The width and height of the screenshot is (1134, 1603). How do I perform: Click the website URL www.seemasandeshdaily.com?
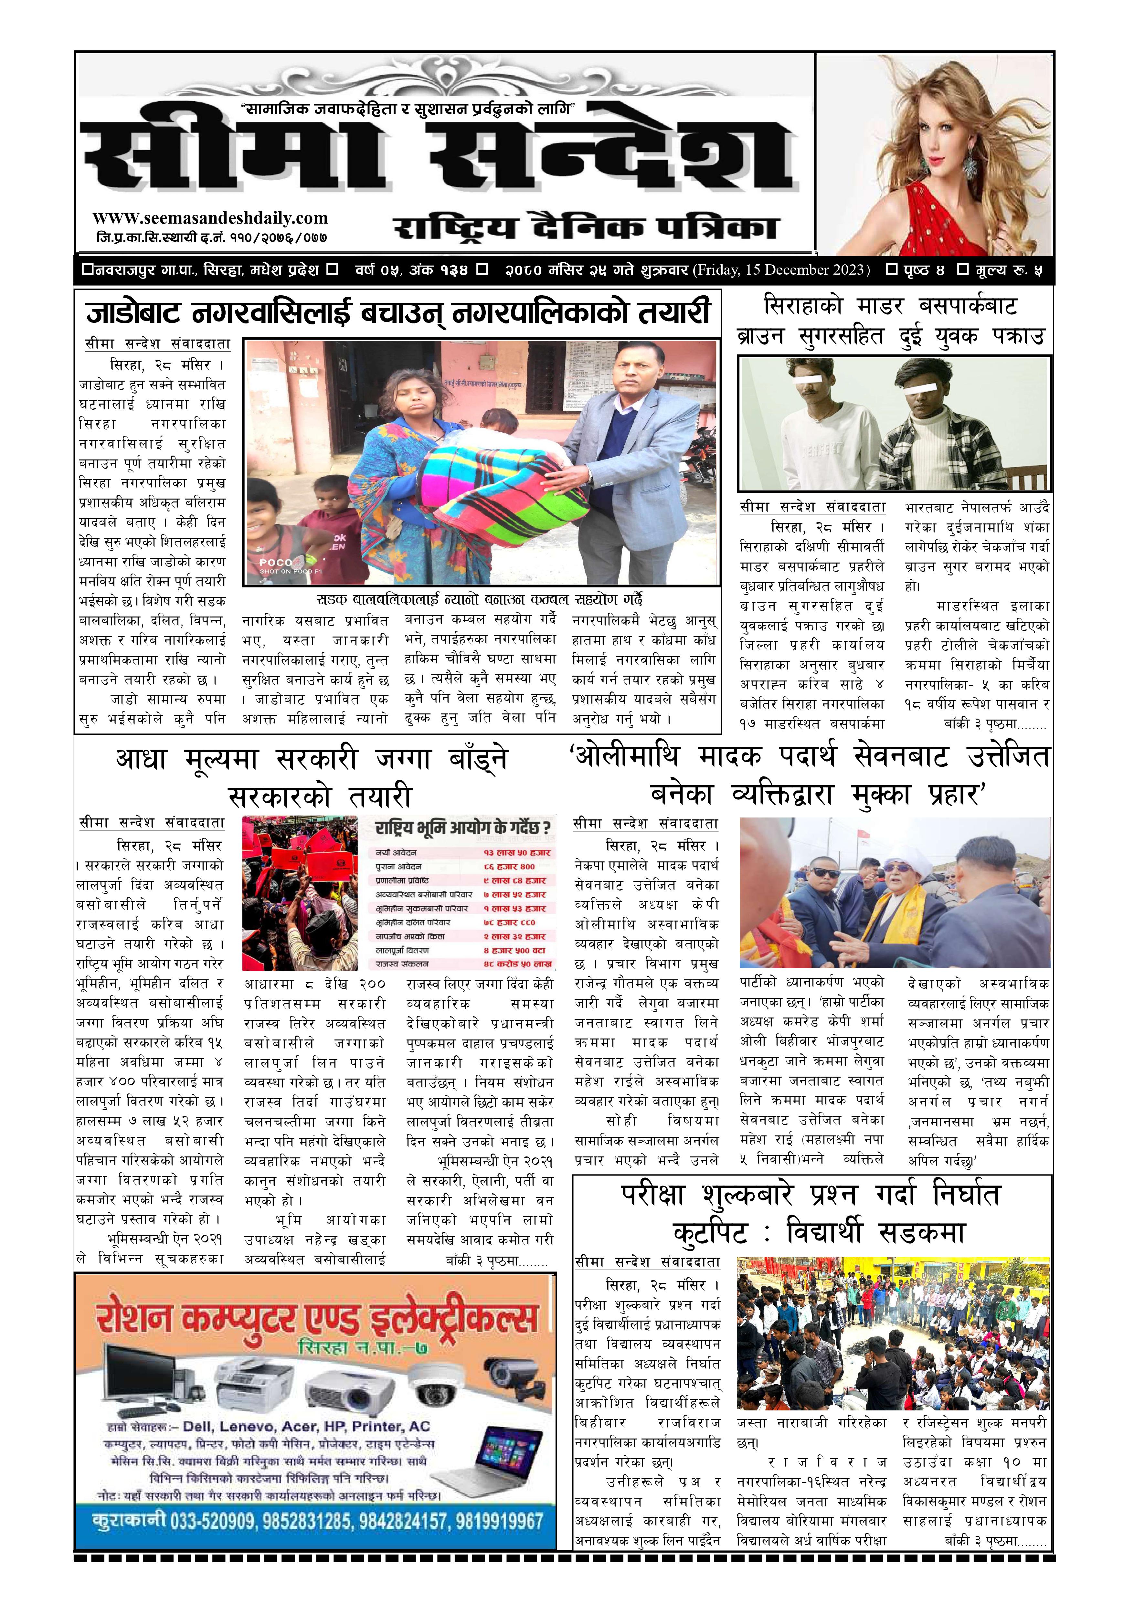pos(210,218)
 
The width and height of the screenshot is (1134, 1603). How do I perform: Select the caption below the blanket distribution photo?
pos(480,599)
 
